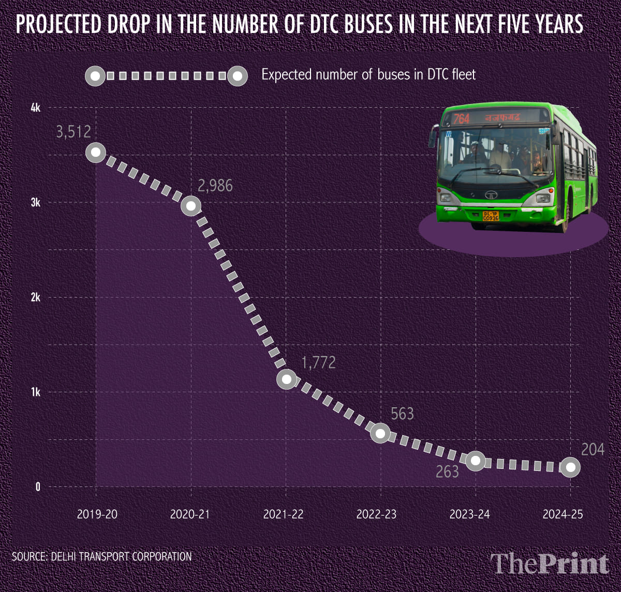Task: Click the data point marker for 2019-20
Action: click(x=96, y=152)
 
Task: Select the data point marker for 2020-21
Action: click(x=191, y=206)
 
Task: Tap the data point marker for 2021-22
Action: click(x=287, y=379)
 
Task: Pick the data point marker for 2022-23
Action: click(x=380, y=434)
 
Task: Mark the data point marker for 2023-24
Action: click(x=476, y=461)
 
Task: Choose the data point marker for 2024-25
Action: click(x=570, y=467)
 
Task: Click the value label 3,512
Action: click(x=73, y=132)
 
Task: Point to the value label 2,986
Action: click(x=215, y=186)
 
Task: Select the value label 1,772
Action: click(x=318, y=362)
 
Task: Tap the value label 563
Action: click(x=402, y=413)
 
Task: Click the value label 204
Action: click(x=593, y=450)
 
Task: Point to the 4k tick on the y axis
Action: click(x=35, y=108)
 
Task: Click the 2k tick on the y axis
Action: click(x=35, y=298)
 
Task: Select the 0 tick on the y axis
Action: click(x=37, y=487)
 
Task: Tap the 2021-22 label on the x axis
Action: click(x=283, y=514)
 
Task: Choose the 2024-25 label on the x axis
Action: click(x=563, y=514)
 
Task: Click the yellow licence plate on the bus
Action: click(x=491, y=216)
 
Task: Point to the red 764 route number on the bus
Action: click(x=461, y=119)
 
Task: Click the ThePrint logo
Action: click(x=550, y=564)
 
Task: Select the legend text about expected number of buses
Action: click(x=368, y=75)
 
